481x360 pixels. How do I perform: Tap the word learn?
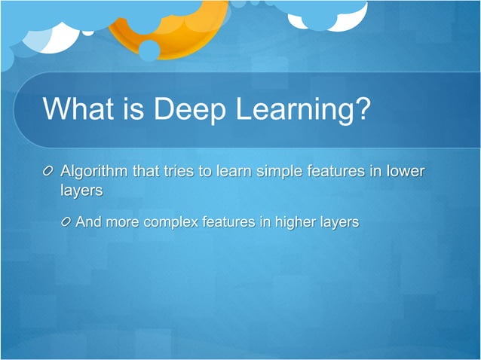click(234, 172)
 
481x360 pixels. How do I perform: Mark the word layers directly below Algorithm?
click(81, 191)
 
